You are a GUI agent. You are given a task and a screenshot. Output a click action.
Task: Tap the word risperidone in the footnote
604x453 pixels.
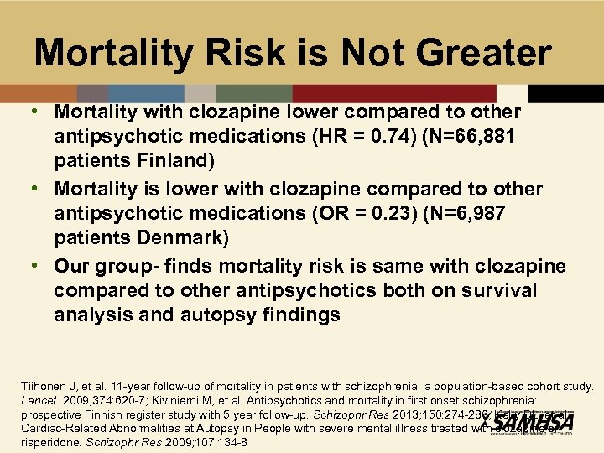pos(49,441)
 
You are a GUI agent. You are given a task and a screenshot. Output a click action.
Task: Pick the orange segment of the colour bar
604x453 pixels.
pos(39,93)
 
